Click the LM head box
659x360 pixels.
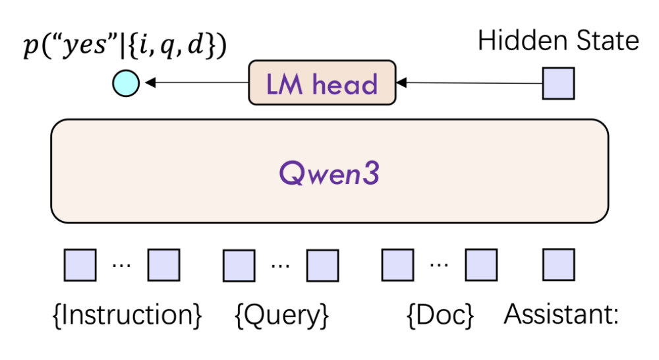[322, 82]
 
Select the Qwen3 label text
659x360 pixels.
[329, 173]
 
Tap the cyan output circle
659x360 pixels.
[126, 83]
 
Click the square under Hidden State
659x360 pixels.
[558, 83]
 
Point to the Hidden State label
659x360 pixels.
[558, 41]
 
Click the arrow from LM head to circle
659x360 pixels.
[196, 82]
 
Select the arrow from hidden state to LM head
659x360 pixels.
[469, 83]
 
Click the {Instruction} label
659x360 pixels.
[127, 315]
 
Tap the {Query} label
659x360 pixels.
[281, 315]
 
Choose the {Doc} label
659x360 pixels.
[440, 315]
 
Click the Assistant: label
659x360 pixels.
[561, 314]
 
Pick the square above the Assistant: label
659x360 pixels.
[558, 264]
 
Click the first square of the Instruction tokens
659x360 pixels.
[80, 265]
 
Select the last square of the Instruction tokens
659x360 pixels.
[163, 265]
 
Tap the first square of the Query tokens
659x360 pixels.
[239, 265]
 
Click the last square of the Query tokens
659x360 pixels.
[322, 265]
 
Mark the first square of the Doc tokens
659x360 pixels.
[397, 265]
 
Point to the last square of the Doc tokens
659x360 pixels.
[481, 265]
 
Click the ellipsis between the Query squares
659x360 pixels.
[280, 266]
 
